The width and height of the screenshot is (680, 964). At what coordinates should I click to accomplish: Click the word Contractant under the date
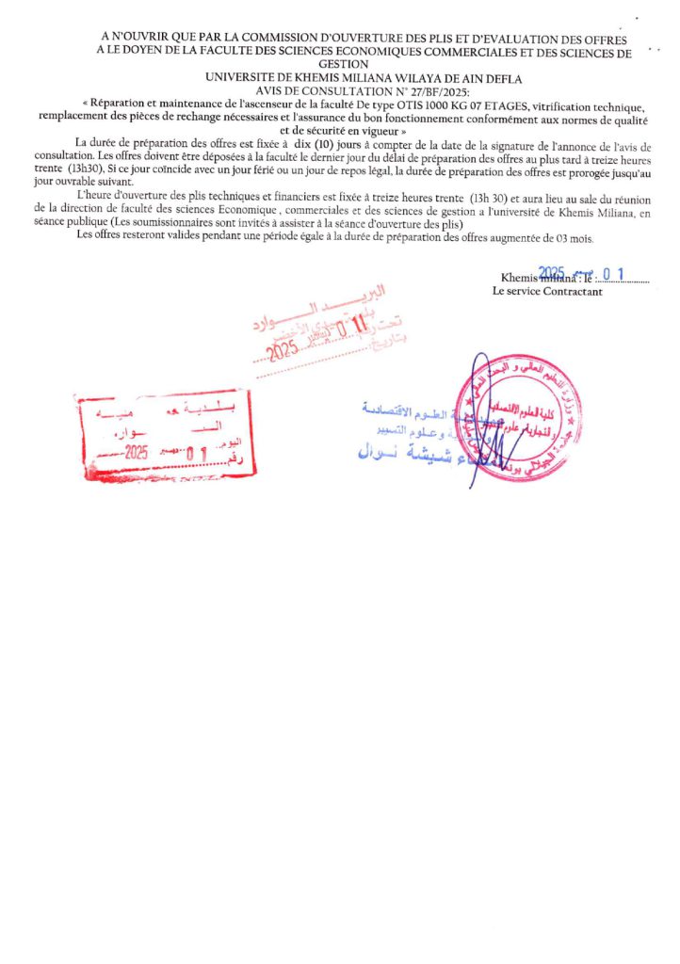(573, 291)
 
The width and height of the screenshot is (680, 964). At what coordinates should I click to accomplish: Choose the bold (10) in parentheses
(337, 142)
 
